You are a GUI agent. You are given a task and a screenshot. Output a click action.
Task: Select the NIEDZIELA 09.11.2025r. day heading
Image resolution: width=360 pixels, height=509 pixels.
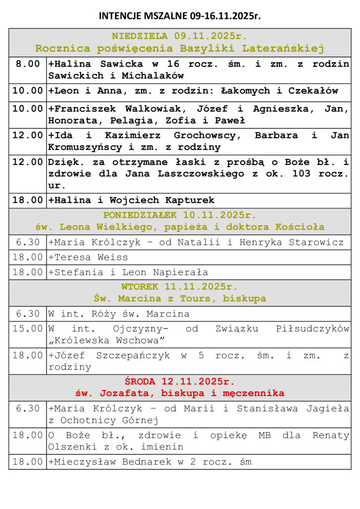(x=180, y=36)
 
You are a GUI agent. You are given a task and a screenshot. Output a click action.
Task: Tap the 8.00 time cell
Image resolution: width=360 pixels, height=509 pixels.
(x=28, y=64)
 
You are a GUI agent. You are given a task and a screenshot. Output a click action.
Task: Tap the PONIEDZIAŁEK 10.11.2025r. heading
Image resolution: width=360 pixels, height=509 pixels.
(x=180, y=215)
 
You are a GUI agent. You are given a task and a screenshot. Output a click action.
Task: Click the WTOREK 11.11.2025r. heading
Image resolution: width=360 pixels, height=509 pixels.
(x=180, y=287)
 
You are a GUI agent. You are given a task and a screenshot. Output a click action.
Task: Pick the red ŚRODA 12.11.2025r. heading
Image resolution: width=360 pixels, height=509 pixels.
(x=180, y=382)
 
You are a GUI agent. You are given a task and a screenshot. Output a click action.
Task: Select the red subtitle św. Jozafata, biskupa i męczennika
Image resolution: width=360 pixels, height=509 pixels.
(x=180, y=393)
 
